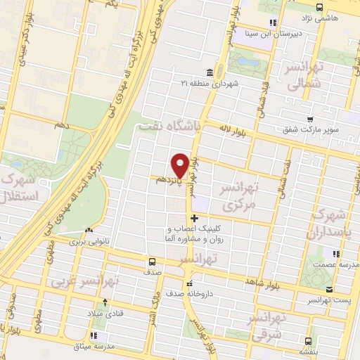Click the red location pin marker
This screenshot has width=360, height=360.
(x=181, y=165)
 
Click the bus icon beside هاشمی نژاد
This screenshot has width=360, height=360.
(x=321, y=8)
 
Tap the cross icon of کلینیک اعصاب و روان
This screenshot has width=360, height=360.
(x=195, y=219)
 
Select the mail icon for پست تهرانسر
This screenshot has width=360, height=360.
(x=328, y=290)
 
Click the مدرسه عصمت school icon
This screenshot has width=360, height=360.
(x=335, y=253)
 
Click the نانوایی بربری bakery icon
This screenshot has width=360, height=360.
(x=89, y=230)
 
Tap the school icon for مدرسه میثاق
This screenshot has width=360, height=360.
(x=94, y=335)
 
